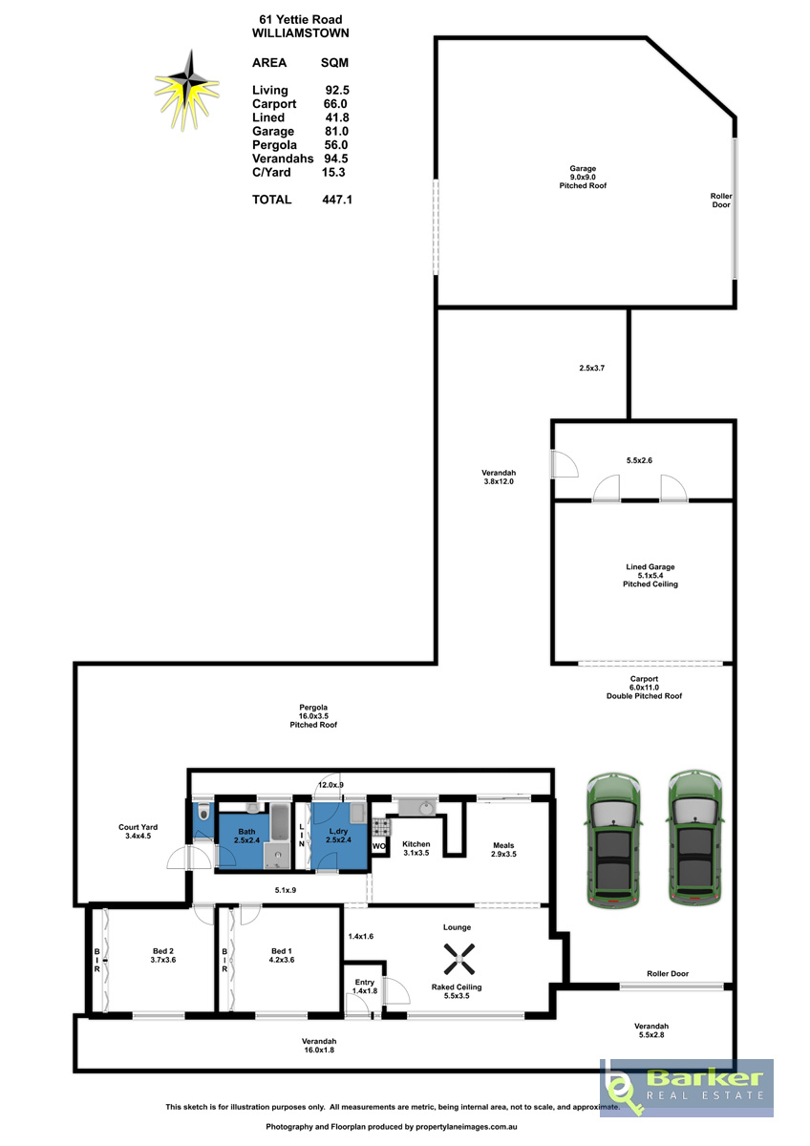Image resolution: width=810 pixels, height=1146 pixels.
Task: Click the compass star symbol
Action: tap(187, 90)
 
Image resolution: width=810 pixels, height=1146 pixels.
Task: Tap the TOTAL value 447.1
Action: tap(336, 200)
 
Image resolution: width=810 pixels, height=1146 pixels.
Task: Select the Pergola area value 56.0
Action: tap(335, 145)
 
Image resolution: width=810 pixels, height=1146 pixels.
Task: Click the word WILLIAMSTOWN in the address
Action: tap(300, 33)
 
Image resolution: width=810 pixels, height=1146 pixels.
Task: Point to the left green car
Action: tap(613, 840)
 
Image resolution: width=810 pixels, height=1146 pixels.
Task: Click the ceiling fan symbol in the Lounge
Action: tap(458, 959)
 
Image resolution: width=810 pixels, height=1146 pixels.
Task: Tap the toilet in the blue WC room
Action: tap(203, 813)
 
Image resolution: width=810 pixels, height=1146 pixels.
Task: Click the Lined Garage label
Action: tap(650, 567)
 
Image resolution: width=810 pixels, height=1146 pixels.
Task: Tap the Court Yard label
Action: tap(138, 827)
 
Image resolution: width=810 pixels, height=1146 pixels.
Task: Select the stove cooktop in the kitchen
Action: tap(380, 826)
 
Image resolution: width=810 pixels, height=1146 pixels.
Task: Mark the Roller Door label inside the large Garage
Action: tap(720, 200)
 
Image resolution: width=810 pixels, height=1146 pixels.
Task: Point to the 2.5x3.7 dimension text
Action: tap(591, 368)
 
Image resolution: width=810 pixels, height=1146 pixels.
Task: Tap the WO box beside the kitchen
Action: tap(378, 846)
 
